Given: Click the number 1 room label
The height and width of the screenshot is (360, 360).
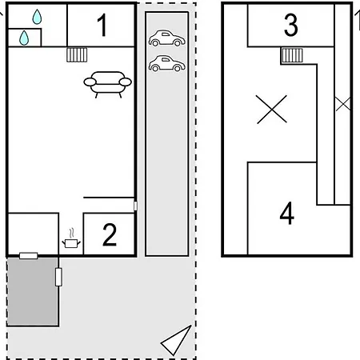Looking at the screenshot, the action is click(102, 25).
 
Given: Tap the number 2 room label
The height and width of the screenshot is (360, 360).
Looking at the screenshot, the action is click(110, 234).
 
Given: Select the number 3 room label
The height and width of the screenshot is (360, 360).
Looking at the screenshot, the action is click(290, 25).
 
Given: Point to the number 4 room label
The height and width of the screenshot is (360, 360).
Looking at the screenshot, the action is click(287, 214).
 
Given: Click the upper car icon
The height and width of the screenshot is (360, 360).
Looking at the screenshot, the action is click(167, 38).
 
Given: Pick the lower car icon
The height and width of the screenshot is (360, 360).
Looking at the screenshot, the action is click(167, 63).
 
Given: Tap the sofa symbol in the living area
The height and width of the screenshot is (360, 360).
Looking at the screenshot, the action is click(107, 84).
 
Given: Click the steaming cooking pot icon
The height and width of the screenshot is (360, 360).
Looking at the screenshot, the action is click(71, 239).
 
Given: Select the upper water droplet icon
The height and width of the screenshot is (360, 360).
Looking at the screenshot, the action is click(37, 17).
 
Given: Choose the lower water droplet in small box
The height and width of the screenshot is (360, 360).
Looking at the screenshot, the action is click(24, 38).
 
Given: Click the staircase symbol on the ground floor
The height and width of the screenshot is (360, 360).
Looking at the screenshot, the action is click(77, 55).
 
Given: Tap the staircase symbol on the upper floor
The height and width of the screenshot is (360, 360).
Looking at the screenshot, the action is click(292, 55).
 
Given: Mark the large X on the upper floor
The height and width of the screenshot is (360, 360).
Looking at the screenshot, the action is click(271, 110).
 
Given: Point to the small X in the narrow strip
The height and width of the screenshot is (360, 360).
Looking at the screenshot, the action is click(343, 104).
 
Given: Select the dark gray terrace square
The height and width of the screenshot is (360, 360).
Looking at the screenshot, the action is click(33, 291).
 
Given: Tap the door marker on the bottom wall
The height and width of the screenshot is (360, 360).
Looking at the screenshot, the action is click(29, 256).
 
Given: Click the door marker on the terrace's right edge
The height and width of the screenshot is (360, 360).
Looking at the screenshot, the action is click(58, 277).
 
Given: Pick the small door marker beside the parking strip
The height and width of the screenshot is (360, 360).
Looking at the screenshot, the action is click(135, 206).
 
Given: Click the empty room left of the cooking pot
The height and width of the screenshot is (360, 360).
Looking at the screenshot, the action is click(34, 234).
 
